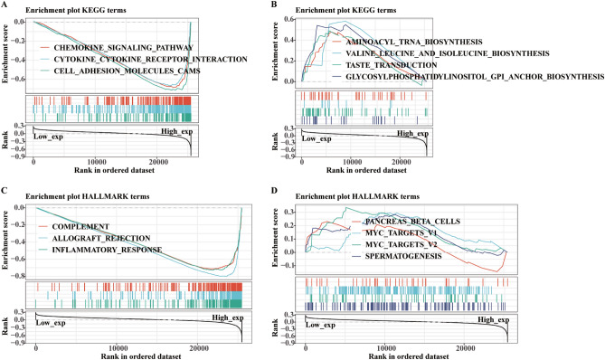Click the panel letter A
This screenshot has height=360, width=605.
click(x=5, y=6)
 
